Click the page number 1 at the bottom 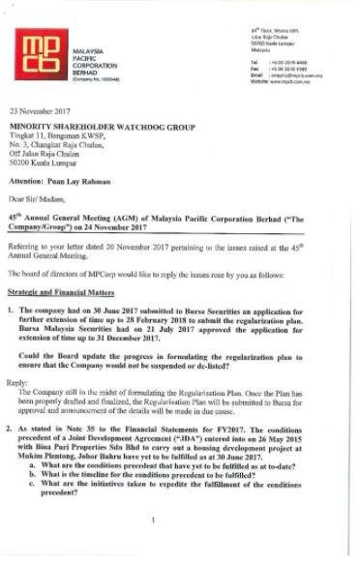point(154,548)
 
